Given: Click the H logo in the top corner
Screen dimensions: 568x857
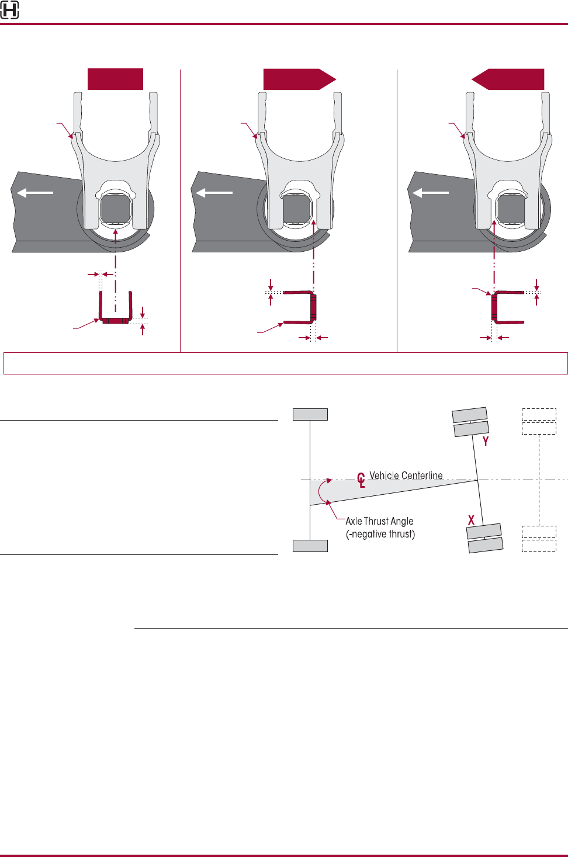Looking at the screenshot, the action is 9,10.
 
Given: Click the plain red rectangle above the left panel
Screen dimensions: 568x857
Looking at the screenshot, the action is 115,79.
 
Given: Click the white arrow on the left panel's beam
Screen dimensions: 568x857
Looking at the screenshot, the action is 35,192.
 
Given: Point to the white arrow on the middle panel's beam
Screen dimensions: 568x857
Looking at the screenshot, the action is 214,192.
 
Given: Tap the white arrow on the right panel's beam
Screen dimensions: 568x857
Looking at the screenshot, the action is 431,192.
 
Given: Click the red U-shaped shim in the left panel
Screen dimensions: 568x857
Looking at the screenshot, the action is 115,319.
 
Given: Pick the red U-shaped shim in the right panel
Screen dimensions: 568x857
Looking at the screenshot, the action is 496,307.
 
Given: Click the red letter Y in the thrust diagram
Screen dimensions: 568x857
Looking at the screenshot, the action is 486,442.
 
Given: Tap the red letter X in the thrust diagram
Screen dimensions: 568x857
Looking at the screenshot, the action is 471,519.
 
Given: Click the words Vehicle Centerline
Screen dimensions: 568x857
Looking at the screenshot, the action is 406,476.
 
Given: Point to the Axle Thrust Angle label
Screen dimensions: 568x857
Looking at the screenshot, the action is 379,521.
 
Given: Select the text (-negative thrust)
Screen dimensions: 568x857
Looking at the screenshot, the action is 380,534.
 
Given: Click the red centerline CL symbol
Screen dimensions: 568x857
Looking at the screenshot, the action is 361,480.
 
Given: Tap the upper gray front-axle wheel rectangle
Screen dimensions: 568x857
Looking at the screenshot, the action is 310,414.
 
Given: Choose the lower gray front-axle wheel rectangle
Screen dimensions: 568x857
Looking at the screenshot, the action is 310,546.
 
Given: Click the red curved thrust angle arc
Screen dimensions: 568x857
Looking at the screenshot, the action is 320,492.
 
